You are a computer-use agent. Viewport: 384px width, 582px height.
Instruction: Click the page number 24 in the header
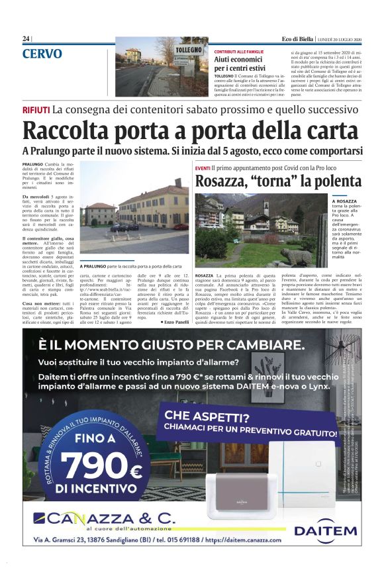26,38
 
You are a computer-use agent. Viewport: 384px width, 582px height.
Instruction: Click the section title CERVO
42,54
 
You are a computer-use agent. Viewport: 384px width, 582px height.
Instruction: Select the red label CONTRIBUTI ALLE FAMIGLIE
239,51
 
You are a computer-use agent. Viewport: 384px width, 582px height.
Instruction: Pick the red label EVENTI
203,170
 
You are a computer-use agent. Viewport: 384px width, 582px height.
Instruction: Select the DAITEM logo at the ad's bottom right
324,530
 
